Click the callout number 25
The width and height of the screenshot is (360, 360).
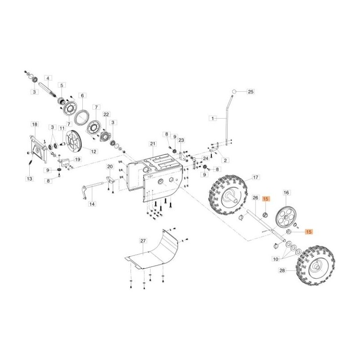[251, 92]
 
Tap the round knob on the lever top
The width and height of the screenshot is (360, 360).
[234, 92]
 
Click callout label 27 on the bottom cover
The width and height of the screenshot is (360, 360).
[143, 241]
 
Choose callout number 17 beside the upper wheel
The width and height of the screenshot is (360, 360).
[255, 178]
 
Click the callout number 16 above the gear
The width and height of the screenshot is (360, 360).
[286, 192]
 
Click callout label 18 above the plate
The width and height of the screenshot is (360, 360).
[34, 123]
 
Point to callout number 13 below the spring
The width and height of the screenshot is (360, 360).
[29, 179]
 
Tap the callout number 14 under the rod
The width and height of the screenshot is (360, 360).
[92, 204]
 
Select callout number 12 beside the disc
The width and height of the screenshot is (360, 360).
[94, 152]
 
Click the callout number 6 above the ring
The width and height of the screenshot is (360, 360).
[82, 95]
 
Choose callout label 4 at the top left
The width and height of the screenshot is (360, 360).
[49, 78]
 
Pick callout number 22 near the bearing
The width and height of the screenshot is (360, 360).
[106, 114]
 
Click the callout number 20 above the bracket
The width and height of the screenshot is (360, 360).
[109, 166]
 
